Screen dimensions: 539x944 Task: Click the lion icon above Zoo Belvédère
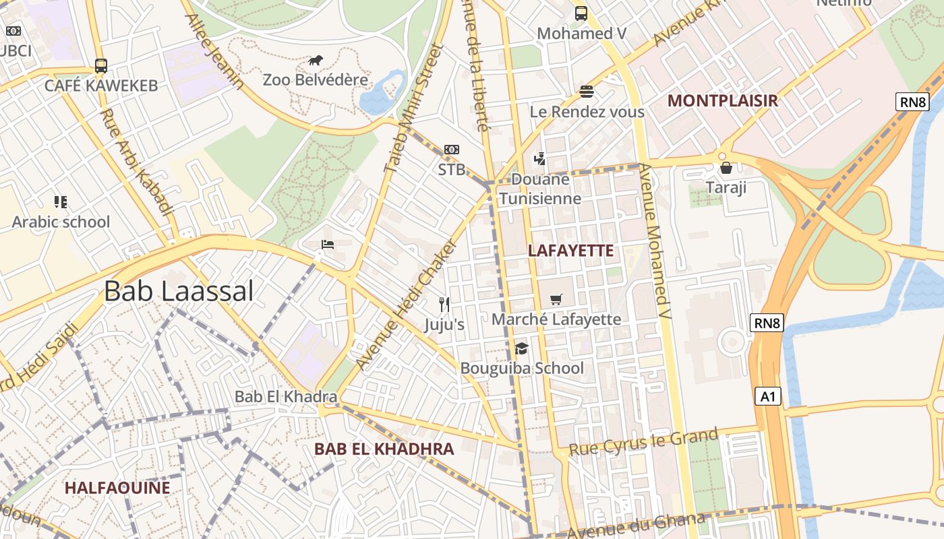pyautogui.click(x=316, y=61)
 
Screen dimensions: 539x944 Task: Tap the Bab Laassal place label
pyautogui.click(x=179, y=291)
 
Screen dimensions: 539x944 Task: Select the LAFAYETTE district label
pyautogui.click(x=570, y=251)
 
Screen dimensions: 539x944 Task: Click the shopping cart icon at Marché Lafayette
pyautogui.click(x=556, y=299)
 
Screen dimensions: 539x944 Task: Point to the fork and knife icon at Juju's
pyautogui.click(x=444, y=305)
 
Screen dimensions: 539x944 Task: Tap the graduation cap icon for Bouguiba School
pyautogui.click(x=521, y=348)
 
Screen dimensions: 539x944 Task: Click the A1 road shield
pyautogui.click(x=768, y=396)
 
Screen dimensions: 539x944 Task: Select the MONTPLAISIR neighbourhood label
pyautogui.click(x=722, y=101)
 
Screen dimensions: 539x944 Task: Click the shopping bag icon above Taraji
pyautogui.click(x=726, y=167)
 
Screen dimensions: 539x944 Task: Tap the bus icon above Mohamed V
pyautogui.click(x=581, y=13)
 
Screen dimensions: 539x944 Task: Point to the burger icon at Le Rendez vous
pyautogui.click(x=586, y=91)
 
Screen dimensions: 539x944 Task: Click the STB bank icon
pyautogui.click(x=451, y=150)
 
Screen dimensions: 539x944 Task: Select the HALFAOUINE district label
pyautogui.click(x=117, y=488)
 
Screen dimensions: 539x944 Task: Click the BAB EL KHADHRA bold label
pyautogui.click(x=384, y=449)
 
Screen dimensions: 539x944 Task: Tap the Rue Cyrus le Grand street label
pyautogui.click(x=644, y=441)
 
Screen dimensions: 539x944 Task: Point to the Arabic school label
pyautogui.click(x=61, y=222)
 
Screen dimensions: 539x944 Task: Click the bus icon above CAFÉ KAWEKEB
pyautogui.click(x=101, y=66)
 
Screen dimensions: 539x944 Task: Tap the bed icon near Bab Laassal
pyautogui.click(x=327, y=245)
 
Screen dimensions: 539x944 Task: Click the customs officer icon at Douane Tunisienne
pyautogui.click(x=539, y=159)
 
